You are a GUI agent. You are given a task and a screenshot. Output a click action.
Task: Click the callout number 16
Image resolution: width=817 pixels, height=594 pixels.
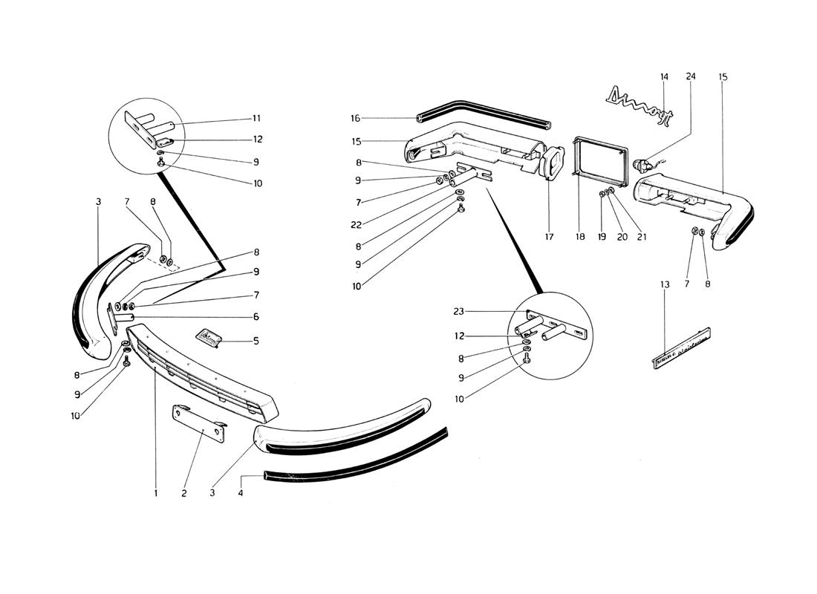point(355,118)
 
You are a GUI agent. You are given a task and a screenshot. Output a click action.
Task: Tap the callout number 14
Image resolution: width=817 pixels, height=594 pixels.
point(664,76)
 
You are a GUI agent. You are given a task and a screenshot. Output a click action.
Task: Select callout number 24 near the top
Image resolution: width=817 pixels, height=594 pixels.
point(691,76)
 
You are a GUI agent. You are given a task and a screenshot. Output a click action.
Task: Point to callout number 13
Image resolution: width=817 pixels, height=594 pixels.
point(664,284)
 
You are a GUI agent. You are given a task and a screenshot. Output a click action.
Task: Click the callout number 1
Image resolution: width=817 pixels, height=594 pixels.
point(157,492)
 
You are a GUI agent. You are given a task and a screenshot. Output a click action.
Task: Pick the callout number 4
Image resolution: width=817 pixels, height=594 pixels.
point(241,492)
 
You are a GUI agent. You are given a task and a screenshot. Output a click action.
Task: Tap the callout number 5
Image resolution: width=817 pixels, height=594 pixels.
point(255,342)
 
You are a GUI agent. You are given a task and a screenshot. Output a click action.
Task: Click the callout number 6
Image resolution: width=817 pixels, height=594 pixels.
point(255,317)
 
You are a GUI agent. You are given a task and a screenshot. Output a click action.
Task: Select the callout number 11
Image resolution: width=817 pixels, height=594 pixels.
point(255,118)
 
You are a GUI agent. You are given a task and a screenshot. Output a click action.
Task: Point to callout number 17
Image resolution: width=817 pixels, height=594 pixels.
point(549,238)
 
